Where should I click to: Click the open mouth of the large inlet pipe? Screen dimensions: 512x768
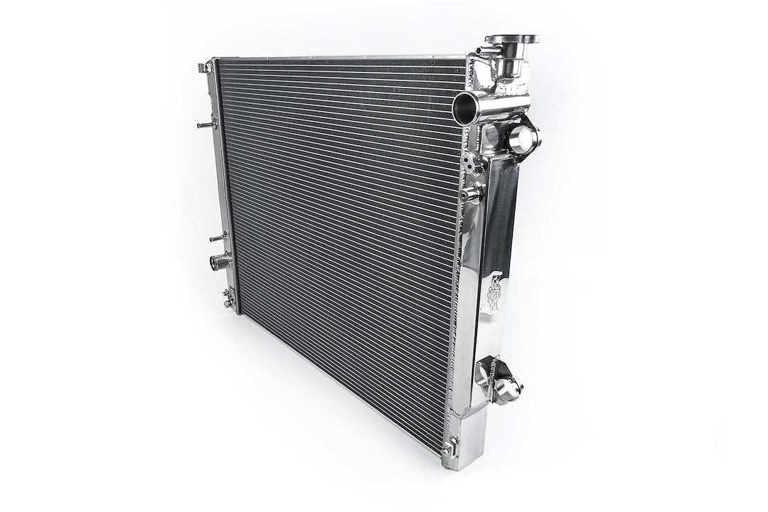(464, 107)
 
